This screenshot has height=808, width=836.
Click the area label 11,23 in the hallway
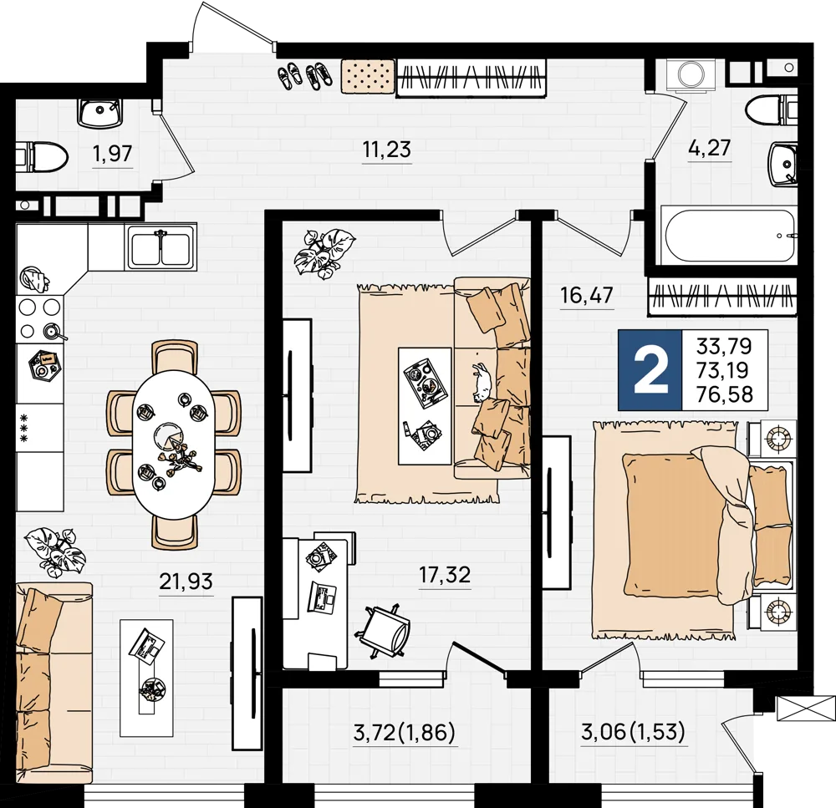[x=386, y=150]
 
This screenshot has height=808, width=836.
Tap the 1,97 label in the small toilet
[x=112, y=154]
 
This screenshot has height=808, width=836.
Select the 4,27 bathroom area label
[x=709, y=148]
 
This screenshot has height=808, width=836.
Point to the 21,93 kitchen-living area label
[x=186, y=581]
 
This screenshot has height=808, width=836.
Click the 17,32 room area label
[x=445, y=575]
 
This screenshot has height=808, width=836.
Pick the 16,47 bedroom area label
[x=587, y=295]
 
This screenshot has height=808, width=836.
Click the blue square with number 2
[x=650, y=370]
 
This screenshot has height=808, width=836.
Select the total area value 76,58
[x=725, y=394]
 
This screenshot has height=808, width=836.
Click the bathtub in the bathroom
[x=729, y=236]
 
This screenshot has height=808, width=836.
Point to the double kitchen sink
[x=161, y=246]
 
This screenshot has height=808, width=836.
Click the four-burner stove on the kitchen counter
[x=40, y=318]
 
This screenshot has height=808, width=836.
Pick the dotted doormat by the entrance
[x=367, y=76]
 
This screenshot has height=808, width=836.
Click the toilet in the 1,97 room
[x=42, y=157]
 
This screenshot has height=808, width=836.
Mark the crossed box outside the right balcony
[x=806, y=709]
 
